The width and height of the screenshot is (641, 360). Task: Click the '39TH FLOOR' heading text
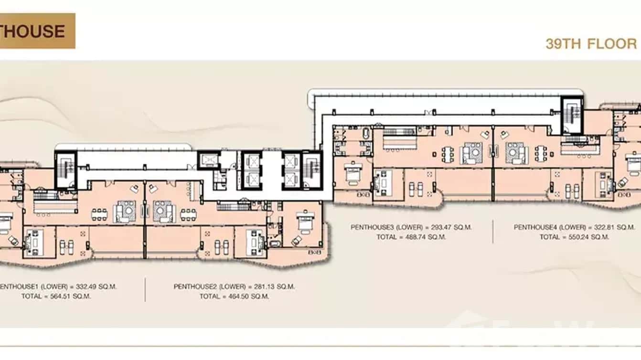(591, 44)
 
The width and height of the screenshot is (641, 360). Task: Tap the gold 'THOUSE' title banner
(37, 31)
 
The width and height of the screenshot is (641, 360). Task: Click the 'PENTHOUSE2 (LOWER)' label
(208, 287)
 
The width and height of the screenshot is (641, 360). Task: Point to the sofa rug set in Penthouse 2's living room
(164, 211)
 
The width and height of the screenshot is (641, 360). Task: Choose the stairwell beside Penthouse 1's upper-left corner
(65, 169)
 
